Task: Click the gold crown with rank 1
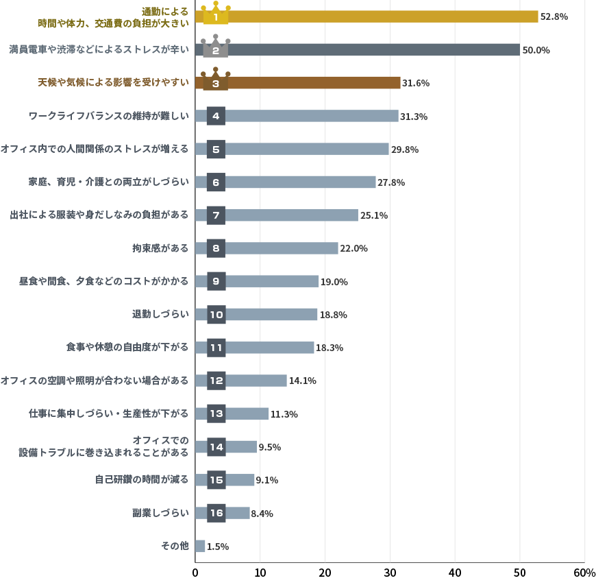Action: (x=216, y=15)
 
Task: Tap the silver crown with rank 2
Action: (x=216, y=49)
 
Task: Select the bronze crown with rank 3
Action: (x=216, y=82)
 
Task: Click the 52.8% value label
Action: (x=554, y=16)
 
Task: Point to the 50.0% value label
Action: (x=536, y=50)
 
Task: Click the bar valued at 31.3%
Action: (x=312, y=116)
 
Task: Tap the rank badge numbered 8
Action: (x=216, y=248)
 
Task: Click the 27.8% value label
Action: (x=391, y=182)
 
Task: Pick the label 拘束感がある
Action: (x=160, y=248)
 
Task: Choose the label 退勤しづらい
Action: (x=160, y=314)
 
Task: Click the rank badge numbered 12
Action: (x=216, y=381)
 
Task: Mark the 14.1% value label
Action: (x=302, y=381)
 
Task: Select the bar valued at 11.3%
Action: (x=247, y=414)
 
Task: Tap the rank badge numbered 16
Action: (x=216, y=513)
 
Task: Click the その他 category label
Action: (x=174, y=546)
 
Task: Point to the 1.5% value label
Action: (x=217, y=547)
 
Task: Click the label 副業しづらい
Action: (x=160, y=513)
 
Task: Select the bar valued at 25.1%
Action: (x=291, y=215)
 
